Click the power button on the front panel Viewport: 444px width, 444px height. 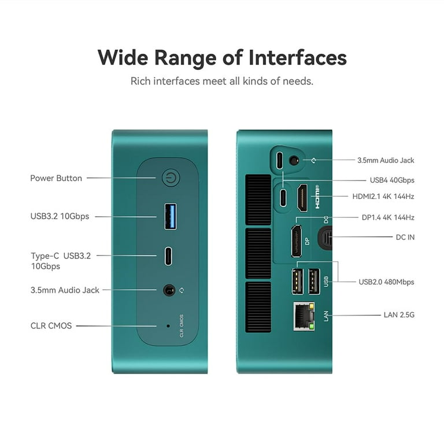coord(171,178)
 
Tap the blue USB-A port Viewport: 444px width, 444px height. coord(170,216)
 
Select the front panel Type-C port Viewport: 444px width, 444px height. coord(168,256)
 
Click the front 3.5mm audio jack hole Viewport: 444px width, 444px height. coord(169,290)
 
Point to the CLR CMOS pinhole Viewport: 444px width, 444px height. coord(168,326)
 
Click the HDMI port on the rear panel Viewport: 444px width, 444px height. coord(302,198)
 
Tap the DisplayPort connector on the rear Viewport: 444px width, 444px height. coord(297,241)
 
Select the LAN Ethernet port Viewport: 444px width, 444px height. coord(304,316)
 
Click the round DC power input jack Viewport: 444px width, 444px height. coord(325,238)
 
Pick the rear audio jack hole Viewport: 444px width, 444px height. coord(294,161)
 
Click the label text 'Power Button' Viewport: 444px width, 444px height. coord(56,178)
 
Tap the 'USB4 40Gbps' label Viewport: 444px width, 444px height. coord(392,180)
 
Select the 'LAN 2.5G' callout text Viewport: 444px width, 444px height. coord(399,314)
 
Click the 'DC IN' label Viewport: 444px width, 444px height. coord(405,237)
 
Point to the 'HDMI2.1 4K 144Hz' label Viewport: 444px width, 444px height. coord(383,196)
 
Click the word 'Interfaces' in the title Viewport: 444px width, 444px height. coord(298,57)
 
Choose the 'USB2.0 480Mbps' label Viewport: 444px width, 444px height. coord(386,282)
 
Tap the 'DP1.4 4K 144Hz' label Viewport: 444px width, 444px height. coord(388,217)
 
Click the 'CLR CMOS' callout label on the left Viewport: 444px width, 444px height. coord(51,325)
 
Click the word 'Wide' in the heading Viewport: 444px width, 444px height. coord(123,57)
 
